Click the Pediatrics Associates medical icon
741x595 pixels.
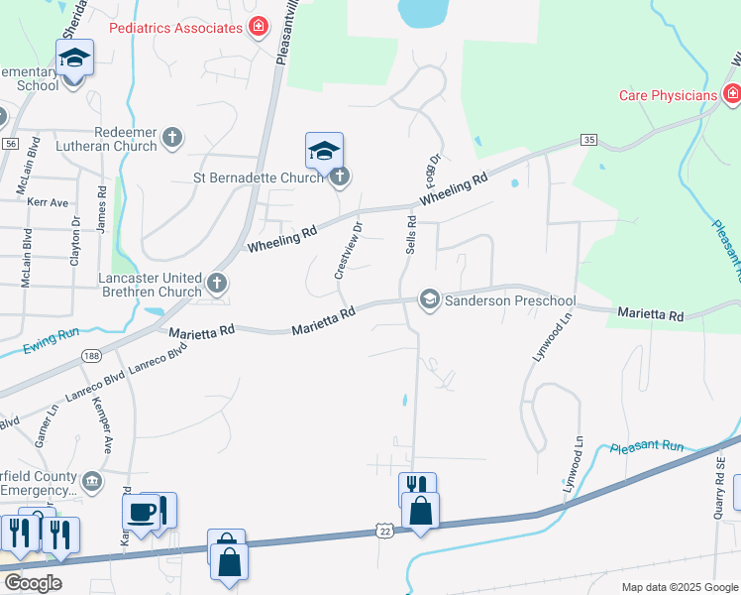(x=258, y=27)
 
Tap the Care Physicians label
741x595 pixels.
(x=668, y=95)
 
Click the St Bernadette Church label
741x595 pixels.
(x=259, y=178)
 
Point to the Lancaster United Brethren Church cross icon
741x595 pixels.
(x=216, y=285)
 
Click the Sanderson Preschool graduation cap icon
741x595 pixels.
(x=429, y=298)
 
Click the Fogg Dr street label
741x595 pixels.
(x=432, y=171)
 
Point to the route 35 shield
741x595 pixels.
(x=589, y=140)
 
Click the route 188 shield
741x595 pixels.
(x=92, y=354)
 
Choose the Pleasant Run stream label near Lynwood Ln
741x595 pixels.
(x=649, y=447)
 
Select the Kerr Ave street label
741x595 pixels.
(x=49, y=202)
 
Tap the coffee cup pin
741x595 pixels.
(x=140, y=512)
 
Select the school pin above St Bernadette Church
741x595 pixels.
(x=324, y=152)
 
